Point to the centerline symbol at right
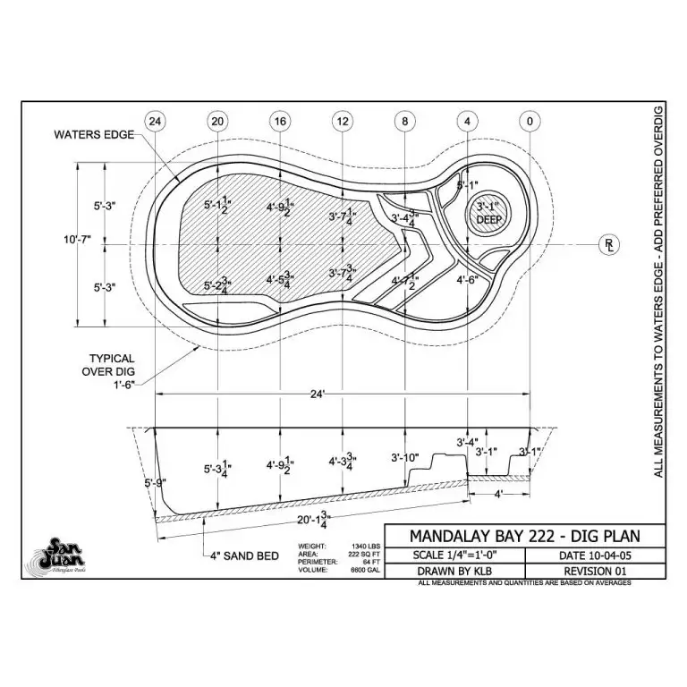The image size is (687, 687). point(609,243)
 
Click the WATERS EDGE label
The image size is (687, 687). point(94,135)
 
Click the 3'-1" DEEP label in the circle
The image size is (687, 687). point(489,214)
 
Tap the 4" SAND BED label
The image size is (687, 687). point(242,554)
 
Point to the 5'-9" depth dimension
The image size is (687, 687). point(155,484)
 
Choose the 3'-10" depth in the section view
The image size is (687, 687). point(405,458)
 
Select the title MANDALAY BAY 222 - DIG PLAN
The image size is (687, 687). point(524,536)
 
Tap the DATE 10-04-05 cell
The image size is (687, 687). point(595,556)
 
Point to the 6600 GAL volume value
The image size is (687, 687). point(361,570)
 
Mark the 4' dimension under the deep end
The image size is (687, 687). point(499,492)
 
